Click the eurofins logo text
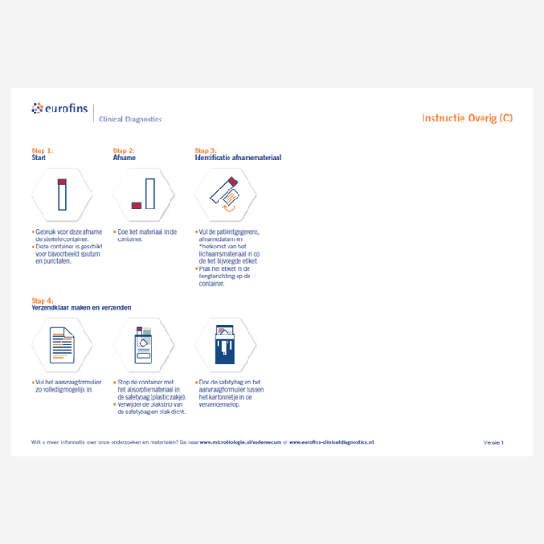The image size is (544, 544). coord(64,109)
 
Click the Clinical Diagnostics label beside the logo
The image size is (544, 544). coord(130,119)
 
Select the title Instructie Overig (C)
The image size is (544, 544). coord(467,118)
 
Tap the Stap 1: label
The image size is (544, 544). coord(42,151)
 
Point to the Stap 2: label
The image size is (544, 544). coord(123,151)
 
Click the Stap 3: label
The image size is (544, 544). coord(206,151)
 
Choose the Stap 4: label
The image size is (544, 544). coord(42,300)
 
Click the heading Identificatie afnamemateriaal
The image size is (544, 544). coord(238,158)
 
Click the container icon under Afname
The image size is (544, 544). coord(143,194)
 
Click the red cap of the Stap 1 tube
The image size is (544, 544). coord(63,182)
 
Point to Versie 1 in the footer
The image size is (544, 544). coord(493,442)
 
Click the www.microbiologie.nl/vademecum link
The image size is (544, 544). coord(239,442)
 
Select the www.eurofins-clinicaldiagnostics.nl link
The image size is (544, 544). coord(332,442)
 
